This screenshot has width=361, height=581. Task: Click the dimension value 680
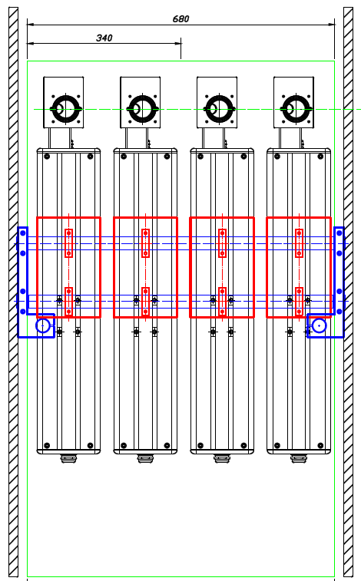tap(180, 19)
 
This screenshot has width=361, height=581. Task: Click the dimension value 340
tap(104, 38)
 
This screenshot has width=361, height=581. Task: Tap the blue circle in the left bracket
tap(43, 325)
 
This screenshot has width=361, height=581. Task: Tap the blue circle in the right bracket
tap(319, 325)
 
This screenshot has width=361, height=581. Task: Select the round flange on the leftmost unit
tap(66, 109)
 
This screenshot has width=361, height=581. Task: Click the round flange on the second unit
tap(143, 109)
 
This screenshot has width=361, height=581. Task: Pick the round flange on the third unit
tap(220, 109)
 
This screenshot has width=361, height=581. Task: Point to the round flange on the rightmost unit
tap(296, 109)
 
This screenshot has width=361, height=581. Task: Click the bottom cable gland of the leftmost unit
tap(68, 459)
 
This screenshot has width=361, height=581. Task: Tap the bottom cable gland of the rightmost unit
tap(299, 459)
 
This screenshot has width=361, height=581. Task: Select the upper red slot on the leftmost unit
tap(68, 243)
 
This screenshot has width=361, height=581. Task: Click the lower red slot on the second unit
tap(145, 302)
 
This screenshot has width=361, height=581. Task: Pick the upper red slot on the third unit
tap(222, 243)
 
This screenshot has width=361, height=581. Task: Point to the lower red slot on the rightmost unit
tap(299, 302)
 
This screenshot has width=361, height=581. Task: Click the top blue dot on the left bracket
tap(22, 233)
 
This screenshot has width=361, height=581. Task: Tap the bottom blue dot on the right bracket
tap(339, 312)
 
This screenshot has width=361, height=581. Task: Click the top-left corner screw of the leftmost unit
tap(47, 157)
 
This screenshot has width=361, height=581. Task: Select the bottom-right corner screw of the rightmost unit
tap(320, 445)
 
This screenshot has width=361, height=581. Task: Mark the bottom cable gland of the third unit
tap(222, 459)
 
